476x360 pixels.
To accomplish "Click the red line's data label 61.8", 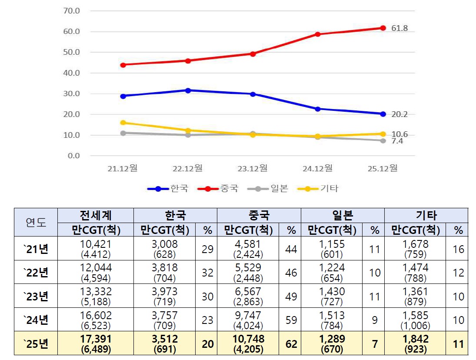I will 399,29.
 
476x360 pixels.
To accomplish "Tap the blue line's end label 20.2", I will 399,115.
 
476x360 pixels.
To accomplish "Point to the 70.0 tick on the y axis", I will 72,11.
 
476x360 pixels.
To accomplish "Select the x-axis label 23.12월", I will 253,168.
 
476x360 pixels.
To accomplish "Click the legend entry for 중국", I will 218,189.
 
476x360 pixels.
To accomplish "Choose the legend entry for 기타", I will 318,189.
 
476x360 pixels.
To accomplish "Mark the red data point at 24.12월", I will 318,34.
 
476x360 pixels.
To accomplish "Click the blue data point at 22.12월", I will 188,90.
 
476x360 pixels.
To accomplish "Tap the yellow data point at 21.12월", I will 123,123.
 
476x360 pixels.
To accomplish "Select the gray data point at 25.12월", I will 383,140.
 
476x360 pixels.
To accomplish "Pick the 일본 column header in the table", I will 343,216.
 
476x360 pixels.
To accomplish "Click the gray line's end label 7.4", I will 397,141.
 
